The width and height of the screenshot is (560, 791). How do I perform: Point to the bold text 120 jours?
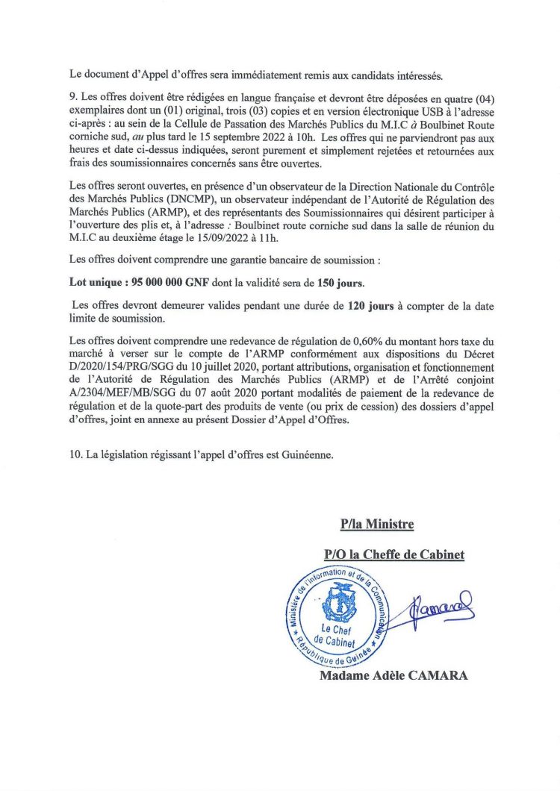click(371, 307)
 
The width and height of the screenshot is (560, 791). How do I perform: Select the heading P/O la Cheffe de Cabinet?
click(394, 554)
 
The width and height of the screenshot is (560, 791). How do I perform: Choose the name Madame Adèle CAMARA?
click(394, 676)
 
